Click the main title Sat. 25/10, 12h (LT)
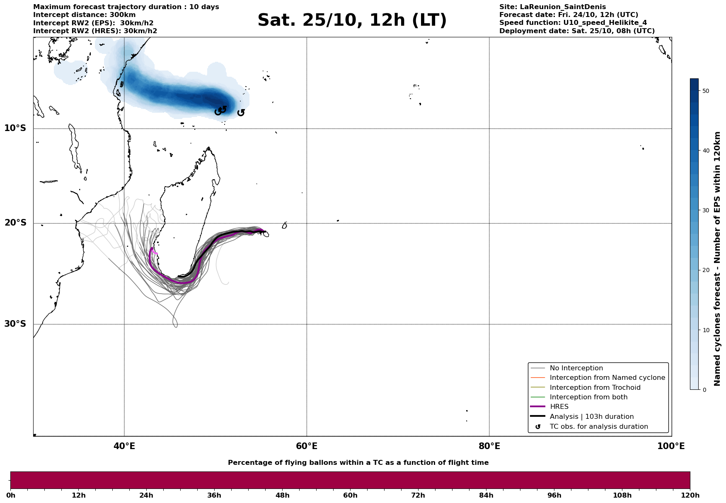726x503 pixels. point(352,20)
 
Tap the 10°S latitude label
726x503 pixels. point(15,128)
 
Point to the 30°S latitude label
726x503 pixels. point(15,324)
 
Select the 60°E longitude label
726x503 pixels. point(307,446)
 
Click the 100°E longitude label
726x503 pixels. point(671,446)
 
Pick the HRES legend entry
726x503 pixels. point(559,407)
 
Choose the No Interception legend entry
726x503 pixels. point(576,368)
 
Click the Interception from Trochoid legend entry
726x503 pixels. point(595,388)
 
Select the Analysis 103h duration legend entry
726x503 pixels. point(591,417)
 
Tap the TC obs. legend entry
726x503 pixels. point(598,427)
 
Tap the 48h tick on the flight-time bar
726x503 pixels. point(283,495)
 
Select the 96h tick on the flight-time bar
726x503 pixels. point(554,495)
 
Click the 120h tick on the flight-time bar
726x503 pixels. point(690,495)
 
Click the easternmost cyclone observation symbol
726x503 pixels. point(241,112)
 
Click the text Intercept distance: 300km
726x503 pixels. point(84,15)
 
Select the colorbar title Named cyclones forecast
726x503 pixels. point(717,259)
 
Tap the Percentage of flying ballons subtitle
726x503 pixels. point(358,463)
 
